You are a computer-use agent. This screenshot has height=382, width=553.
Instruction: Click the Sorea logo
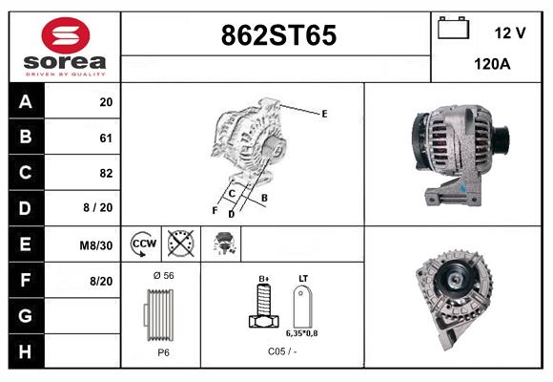tap(65, 47)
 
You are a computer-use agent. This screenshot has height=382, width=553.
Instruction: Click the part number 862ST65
tap(278, 36)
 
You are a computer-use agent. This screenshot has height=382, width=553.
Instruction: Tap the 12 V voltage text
tap(510, 32)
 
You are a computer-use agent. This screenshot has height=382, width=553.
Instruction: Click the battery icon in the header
tap(454, 30)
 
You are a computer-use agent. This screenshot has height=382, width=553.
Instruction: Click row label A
tap(26, 102)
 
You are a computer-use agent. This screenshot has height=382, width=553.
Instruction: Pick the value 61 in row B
tap(106, 138)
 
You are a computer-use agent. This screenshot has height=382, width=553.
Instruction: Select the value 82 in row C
tap(106, 174)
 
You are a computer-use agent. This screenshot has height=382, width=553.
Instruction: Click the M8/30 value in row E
tap(97, 245)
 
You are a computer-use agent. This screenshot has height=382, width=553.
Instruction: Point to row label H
tap(26, 351)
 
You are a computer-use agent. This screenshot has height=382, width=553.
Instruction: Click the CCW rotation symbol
tap(144, 244)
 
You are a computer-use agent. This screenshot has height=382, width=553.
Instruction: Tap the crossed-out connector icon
tap(180, 244)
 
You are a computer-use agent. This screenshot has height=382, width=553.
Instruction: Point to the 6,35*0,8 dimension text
tap(303, 332)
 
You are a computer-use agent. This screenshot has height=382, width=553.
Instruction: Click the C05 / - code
tap(282, 351)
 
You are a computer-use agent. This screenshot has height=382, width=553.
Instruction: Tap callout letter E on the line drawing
tap(324, 114)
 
